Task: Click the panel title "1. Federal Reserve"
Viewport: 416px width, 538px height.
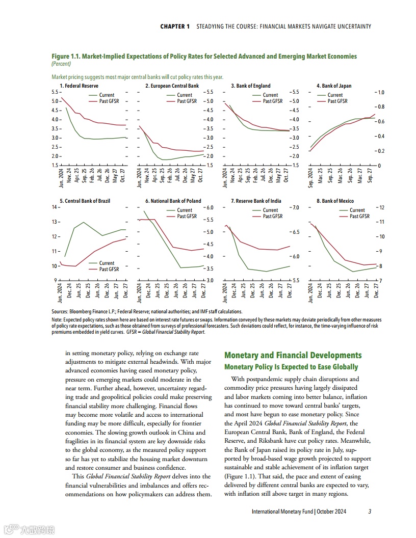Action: (79, 86)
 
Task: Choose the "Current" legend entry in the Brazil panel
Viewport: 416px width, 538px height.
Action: (107, 263)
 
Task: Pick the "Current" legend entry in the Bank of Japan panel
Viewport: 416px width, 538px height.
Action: (335, 95)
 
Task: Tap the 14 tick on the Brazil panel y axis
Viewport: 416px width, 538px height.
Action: (55, 207)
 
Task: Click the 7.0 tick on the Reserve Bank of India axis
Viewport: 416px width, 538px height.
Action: (294, 207)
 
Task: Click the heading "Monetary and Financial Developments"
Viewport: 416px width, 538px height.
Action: (293, 355)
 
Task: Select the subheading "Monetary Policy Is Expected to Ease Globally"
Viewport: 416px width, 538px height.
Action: (291, 367)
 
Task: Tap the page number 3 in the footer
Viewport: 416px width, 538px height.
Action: (370, 512)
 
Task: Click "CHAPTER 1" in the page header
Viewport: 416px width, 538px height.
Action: (175, 26)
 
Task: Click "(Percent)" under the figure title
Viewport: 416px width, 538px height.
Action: (61, 64)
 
